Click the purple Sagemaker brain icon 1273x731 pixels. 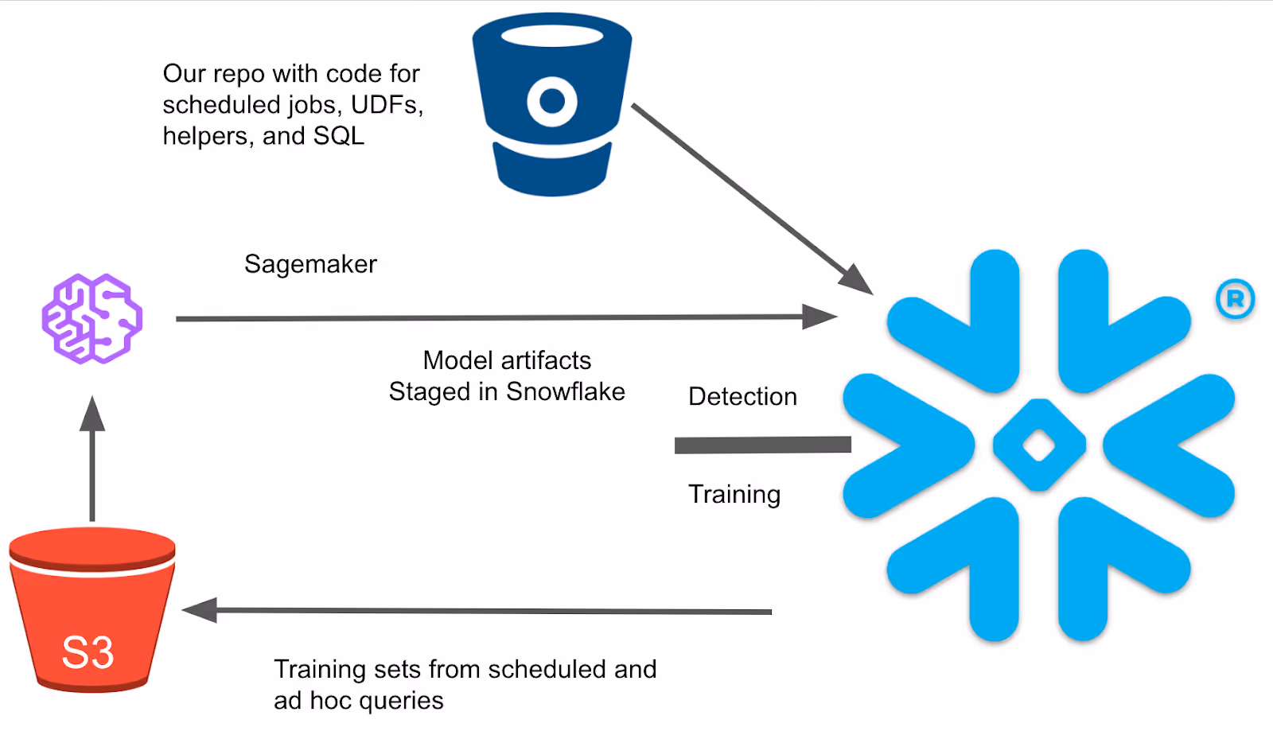(x=92, y=319)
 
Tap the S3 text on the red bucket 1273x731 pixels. (x=88, y=652)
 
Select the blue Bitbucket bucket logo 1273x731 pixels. (x=552, y=105)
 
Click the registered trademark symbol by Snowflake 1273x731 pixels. (x=1235, y=299)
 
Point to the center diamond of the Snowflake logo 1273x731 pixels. (x=1039, y=445)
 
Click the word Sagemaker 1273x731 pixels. (x=310, y=264)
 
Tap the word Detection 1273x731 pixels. (x=742, y=396)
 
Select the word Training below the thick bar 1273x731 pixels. (x=734, y=495)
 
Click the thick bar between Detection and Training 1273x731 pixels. (x=763, y=445)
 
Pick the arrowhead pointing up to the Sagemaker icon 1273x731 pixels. (x=92, y=414)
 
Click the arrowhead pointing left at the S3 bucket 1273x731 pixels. (x=200, y=611)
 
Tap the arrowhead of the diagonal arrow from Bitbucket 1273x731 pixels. (x=856, y=279)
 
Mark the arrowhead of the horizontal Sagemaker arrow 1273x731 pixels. (x=819, y=317)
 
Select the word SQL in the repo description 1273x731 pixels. (x=339, y=136)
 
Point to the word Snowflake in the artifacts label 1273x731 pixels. (x=566, y=391)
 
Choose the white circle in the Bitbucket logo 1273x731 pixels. (x=552, y=102)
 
